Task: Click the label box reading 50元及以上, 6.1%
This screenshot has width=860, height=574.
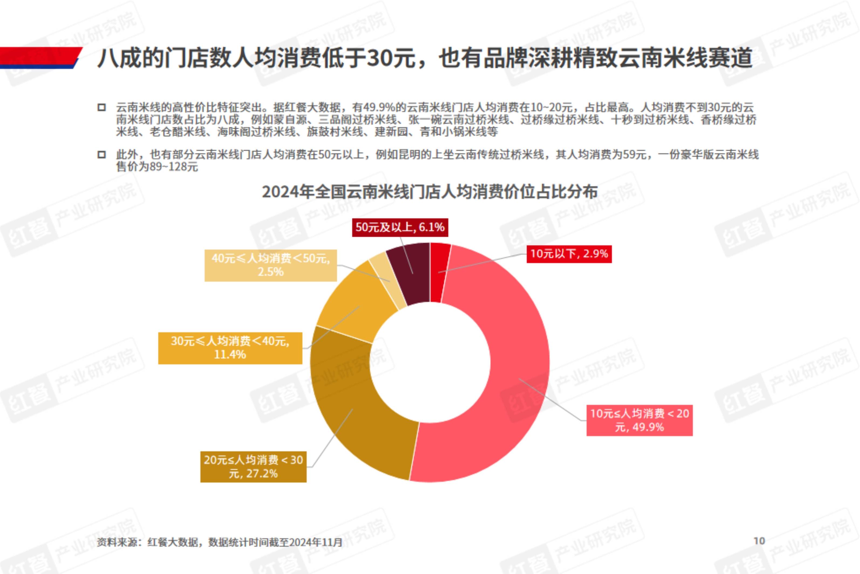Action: [x=400, y=227]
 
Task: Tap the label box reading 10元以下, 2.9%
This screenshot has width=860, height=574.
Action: [x=569, y=254]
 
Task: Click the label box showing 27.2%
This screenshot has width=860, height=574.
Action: [x=253, y=466]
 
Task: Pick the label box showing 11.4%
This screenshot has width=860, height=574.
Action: [x=230, y=348]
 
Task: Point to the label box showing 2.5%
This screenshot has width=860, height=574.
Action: [x=271, y=265]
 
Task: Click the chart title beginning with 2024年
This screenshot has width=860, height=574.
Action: [x=430, y=192]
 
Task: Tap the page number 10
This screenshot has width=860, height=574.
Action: [x=759, y=541]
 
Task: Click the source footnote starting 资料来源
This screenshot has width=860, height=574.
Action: [x=219, y=542]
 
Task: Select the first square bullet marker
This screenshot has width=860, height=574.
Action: [x=101, y=108]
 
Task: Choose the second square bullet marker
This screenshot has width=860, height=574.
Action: [x=101, y=155]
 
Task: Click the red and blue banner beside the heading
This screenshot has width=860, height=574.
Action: [x=40, y=58]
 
